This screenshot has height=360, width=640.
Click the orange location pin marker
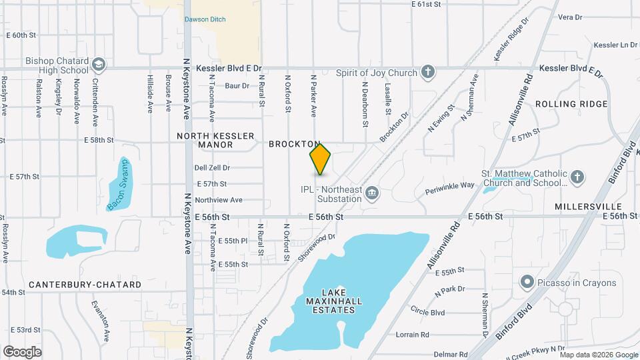click(x=321, y=159)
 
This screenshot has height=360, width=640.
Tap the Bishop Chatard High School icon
click(x=99, y=64)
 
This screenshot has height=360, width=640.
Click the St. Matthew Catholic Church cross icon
click(x=577, y=177)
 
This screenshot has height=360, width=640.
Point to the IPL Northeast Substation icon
click(x=372, y=194)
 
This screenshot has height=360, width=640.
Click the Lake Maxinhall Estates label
click(x=333, y=301)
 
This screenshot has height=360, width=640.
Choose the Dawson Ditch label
click(x=205, y=19)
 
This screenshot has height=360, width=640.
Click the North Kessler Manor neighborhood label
click(x=215, y=140)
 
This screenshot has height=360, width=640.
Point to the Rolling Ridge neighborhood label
click(x=571, y=104)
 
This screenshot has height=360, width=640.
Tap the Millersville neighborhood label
click(x=588, y=207)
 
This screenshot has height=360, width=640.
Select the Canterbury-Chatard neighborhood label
click(x=85, y=285)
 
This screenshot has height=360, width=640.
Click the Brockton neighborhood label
click(x=293, y=144)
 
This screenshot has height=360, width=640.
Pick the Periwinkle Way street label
click(x=450, y=185)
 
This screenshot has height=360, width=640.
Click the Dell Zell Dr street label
click(x=212, y=168)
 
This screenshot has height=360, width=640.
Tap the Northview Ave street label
click(x=219, y=200)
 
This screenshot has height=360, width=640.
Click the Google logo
click(x=23, y=351)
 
